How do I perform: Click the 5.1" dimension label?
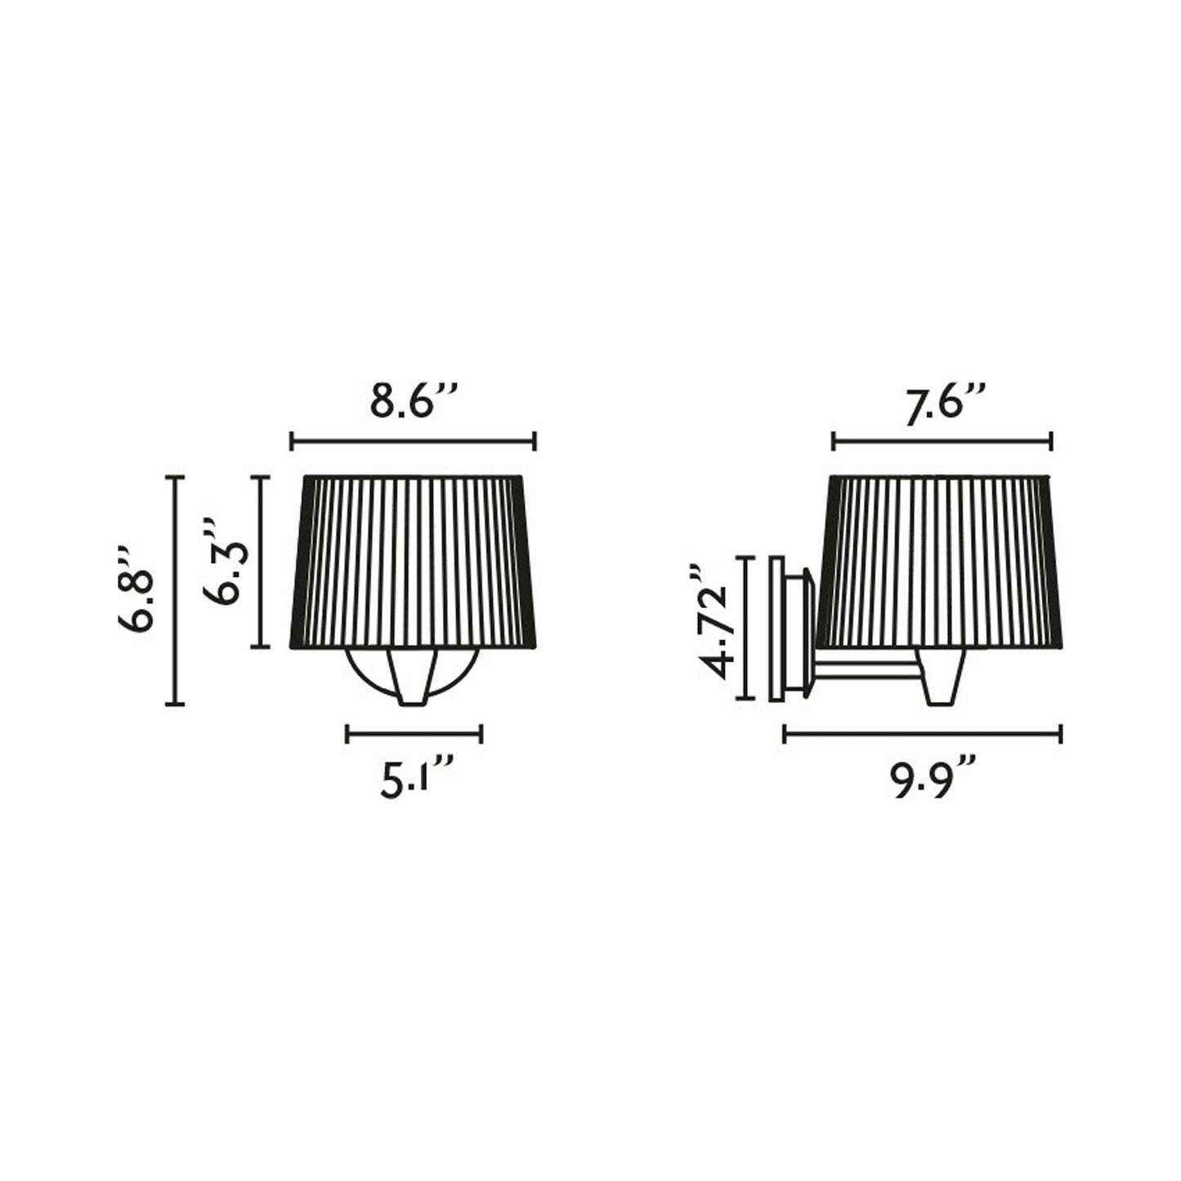[x=417, y=778]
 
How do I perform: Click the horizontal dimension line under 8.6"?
[x=413, y=441]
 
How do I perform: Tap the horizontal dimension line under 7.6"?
[x=942, y=441]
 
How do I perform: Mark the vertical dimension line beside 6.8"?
[x=175, y=590]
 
